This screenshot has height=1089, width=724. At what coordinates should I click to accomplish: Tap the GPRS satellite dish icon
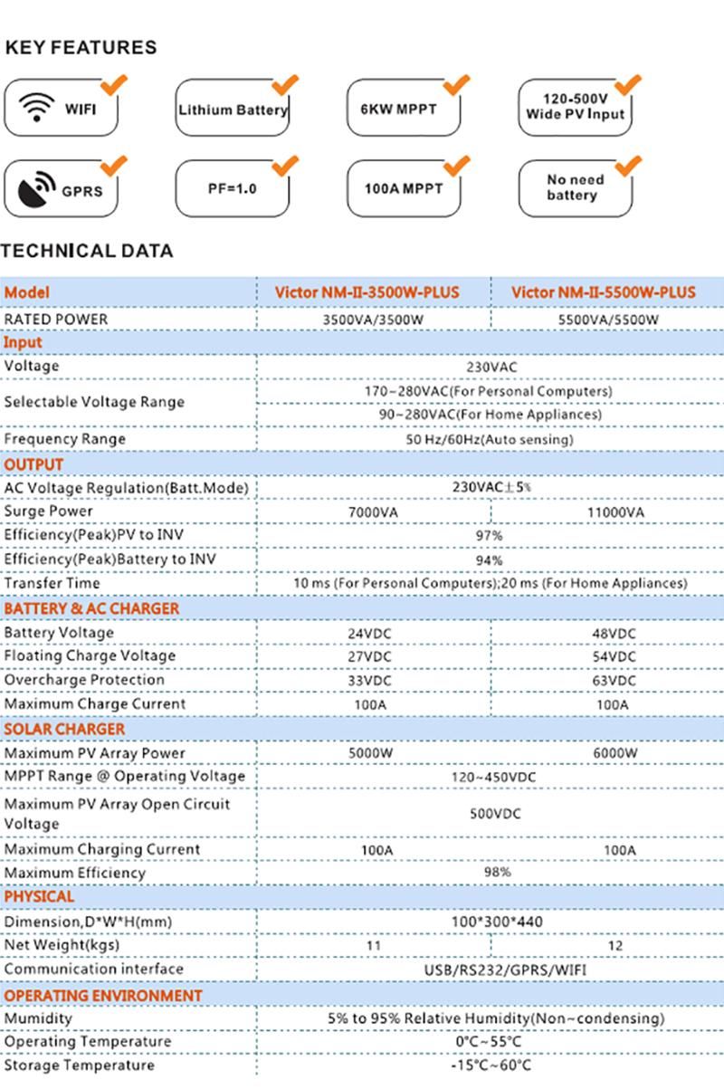coord(36,189)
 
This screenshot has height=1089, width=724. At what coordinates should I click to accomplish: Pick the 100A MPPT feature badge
coord(404,189)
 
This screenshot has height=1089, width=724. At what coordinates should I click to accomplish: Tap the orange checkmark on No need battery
coord(627,167)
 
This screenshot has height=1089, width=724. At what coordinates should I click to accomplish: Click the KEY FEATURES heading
coord(81,47)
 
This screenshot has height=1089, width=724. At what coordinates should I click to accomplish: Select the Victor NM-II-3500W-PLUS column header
coord(367,292)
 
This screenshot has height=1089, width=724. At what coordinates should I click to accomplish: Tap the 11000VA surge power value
coord(614,512)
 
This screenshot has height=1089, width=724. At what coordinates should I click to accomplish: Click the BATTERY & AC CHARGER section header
coord(91,608)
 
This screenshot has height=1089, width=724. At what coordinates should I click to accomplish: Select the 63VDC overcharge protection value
coord(614,680)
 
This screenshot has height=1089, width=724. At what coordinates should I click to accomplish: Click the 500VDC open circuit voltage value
coord(495,813)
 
